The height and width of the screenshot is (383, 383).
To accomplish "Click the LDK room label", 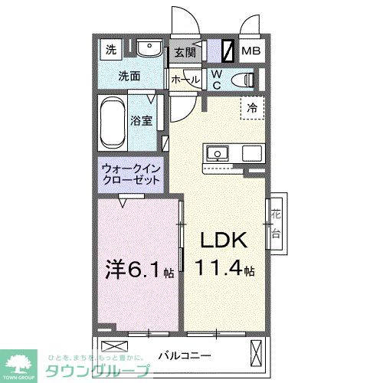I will (224, 241).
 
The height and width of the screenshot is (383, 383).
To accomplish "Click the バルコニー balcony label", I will (185, 355).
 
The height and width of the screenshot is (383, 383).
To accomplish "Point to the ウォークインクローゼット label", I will (129, 174).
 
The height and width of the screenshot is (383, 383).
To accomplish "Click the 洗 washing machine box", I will (112, 51).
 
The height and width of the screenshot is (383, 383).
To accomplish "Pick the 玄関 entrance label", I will (185, 53).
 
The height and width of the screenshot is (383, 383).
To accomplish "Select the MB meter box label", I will (250, 53).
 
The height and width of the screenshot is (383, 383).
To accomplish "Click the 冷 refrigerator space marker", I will (252, 108).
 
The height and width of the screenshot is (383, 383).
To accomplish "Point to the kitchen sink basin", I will (216, 153).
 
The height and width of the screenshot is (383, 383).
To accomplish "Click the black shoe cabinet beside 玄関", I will (228, 51).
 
